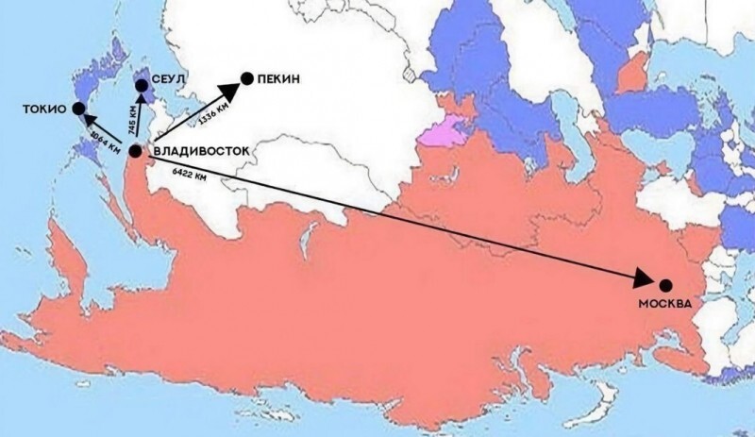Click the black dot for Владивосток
click(136, 151)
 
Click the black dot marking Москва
click(665, 285)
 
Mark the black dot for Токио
click(65, 109)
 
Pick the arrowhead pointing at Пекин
click(227, 91)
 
